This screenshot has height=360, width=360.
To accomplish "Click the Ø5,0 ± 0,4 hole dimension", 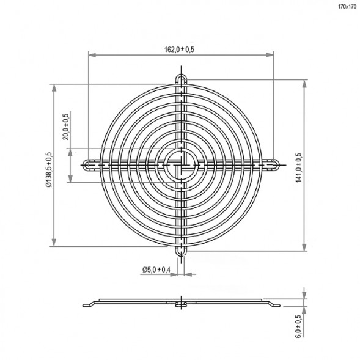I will coord(156,270).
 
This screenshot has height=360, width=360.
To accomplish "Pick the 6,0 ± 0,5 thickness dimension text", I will coord(298,326).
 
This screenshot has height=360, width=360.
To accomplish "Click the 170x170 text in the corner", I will coord(347,7).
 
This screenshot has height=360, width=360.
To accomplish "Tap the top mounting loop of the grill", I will coord(181,80).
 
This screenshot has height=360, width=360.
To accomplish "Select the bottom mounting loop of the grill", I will coord(181,251).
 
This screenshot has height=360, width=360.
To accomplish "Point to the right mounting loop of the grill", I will coord(273,164).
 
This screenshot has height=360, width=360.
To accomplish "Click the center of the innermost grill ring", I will coord(181,164).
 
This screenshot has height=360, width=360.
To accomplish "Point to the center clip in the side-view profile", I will coord(180,304).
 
